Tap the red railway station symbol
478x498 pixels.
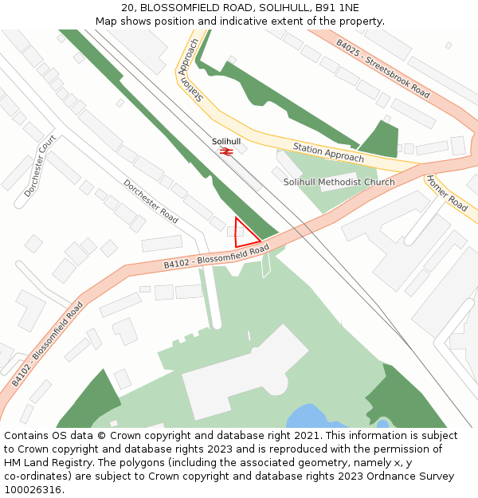[225, 150]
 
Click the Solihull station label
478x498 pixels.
[226, 141]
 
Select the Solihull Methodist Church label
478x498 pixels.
[339, 182]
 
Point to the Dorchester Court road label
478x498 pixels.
[39, 166]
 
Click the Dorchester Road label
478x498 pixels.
[151, 201]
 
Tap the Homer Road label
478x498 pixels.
[446, 193]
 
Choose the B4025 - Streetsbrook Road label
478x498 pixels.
[382, 69]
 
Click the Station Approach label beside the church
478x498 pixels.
[328, 152]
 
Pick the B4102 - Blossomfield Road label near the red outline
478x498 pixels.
[216, 257]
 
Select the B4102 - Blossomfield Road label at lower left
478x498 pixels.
[47, 344]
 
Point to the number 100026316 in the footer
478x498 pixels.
[33, 490]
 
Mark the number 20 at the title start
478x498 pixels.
[127, 8]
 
